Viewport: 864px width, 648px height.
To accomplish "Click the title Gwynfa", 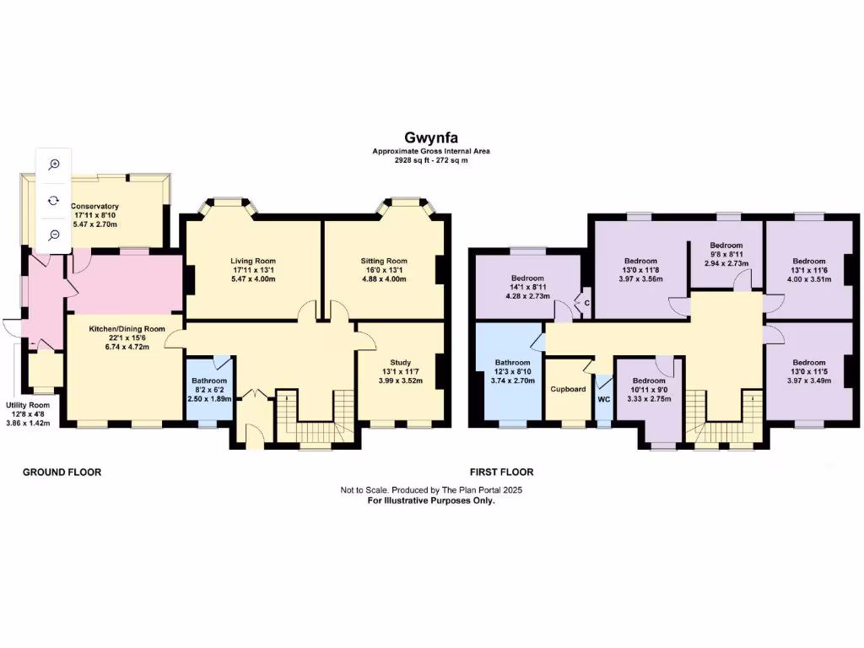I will pyautogui.click(x=431, y=138).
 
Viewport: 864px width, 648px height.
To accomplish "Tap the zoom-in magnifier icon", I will pyautogui.click(x=54, y=165).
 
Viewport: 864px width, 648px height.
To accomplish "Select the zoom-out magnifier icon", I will pyautogui.click(x=54, y=235).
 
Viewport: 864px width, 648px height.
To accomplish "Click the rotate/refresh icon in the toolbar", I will pyautogui.click(x=54, y=200).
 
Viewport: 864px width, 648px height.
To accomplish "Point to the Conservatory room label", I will pyautogui.click(x=94, y=207).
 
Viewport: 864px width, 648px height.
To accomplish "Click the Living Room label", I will pyautogui.click(x=253, y=261).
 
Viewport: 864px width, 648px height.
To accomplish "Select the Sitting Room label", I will pyautogui.click(x=384, y=261).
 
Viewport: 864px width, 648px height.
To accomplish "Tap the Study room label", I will pyautogui.click(x=400, y=362).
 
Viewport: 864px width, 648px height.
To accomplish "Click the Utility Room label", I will pyautogui.click(x=28, y=405).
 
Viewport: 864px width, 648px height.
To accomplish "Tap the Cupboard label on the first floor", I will pyautogui.click(x=568, y=389).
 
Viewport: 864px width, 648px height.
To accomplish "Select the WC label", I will pyautogui.click(x=603, y=399).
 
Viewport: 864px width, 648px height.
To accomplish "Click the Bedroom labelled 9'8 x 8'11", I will pyautogui.click(x=726, y=245).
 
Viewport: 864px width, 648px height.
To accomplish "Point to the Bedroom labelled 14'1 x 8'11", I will pyautogui.click(x=527, y=278).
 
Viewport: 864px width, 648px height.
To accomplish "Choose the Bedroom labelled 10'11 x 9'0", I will pyautogui.click(x=649, y=381).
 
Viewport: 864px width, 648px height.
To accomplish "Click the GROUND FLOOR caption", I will pyautogui.click(x=62, y=472).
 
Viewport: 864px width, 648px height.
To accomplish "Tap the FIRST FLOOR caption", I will pyautogui.click(x=501, y=472).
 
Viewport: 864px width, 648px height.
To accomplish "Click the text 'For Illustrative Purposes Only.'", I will pyautogui.click(x=431, y=500).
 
